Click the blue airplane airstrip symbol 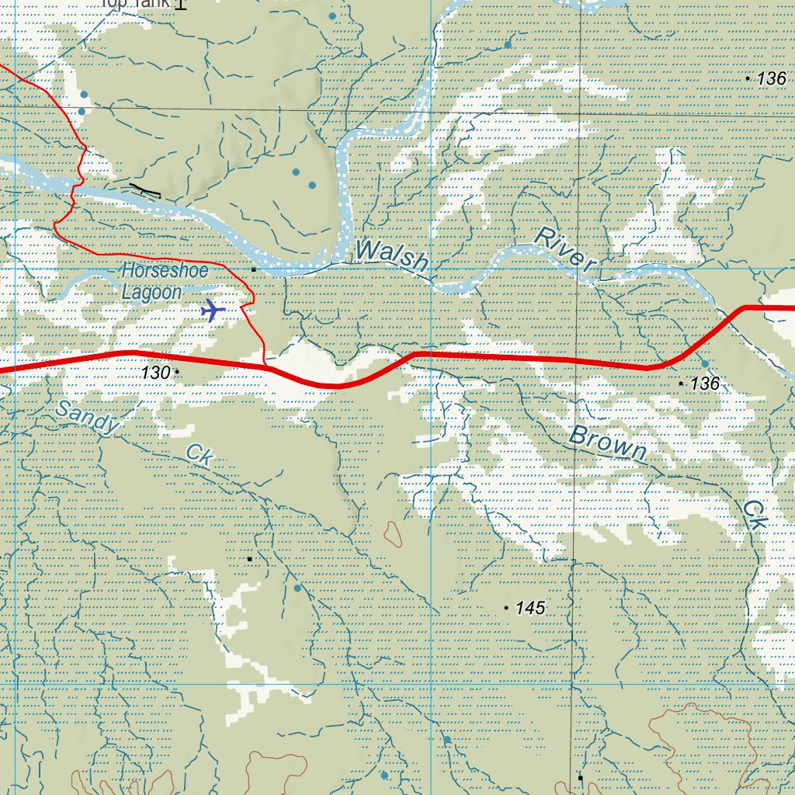pos(212,310)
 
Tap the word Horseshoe pos(164,272)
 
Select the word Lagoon pos(151,293)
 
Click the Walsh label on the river pos(392,255)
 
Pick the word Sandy pos(88,417)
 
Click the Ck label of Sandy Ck pos(199,455)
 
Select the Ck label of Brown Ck pos(753,515)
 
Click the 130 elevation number pos(154,373)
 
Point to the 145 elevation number pos(530,608)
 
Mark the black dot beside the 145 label pos(507,608)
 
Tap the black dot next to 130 pos(177,373)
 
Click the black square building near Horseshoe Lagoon pos(253,269)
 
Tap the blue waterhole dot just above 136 pos(704,363)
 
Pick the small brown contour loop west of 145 pos(393,533)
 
